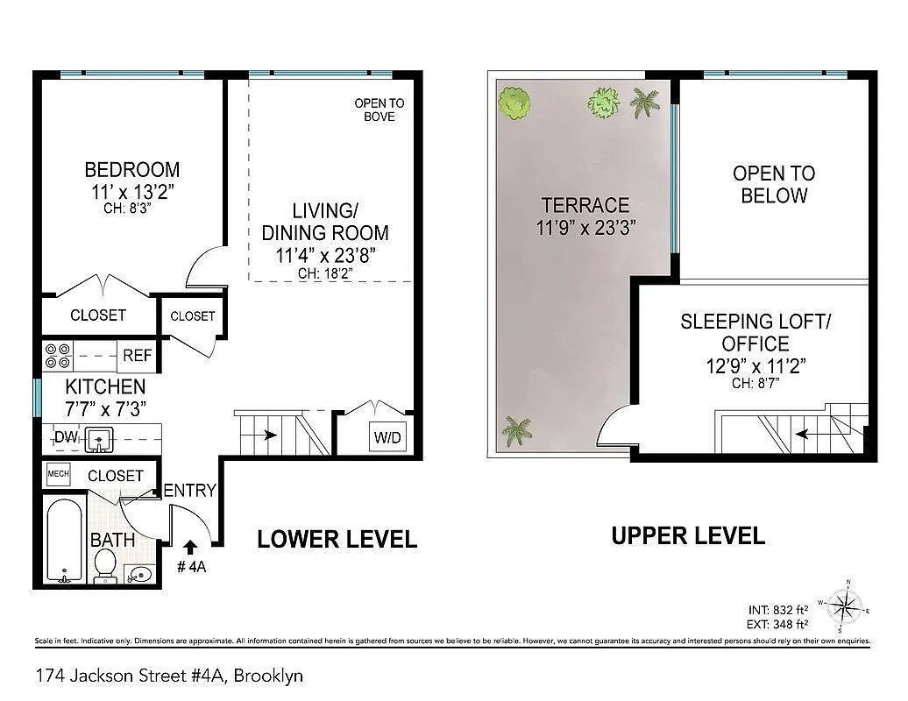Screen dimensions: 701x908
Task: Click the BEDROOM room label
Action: click(x=131, y=169)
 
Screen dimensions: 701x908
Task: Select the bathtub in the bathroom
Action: click(x=64, y=541)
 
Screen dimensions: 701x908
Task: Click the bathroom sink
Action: click(x=138, y=574)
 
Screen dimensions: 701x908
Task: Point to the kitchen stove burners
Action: click(x=58, y=355)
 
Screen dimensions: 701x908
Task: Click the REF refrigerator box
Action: click(x=137, y=356)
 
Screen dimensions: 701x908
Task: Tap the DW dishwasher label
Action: click(x=65, y=437)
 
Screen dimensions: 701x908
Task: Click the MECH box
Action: click(x=58, y=475)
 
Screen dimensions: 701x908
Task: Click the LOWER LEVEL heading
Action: click(x=337, y=540)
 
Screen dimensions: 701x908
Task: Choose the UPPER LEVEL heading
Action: click(x=688, y=535)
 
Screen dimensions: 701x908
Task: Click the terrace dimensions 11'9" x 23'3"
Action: click(x=585, y=228)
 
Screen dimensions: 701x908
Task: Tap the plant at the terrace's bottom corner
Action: click(x=517, y=430)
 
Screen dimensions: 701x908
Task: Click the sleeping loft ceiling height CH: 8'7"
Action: click(x=755, y=383)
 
